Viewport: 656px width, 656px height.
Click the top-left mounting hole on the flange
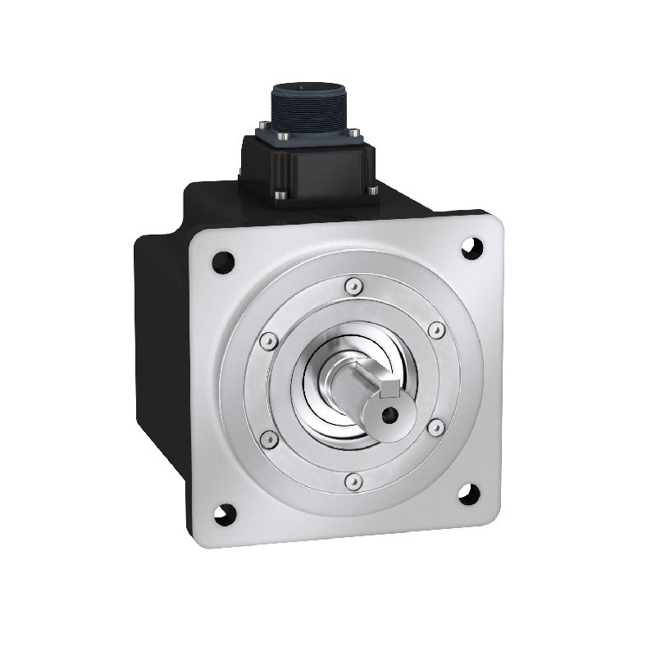[222, 263]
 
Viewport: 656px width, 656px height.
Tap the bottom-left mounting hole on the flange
[224, 514]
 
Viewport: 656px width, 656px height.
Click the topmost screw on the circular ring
[352, 285]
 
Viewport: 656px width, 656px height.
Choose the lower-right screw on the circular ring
[436, 425]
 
